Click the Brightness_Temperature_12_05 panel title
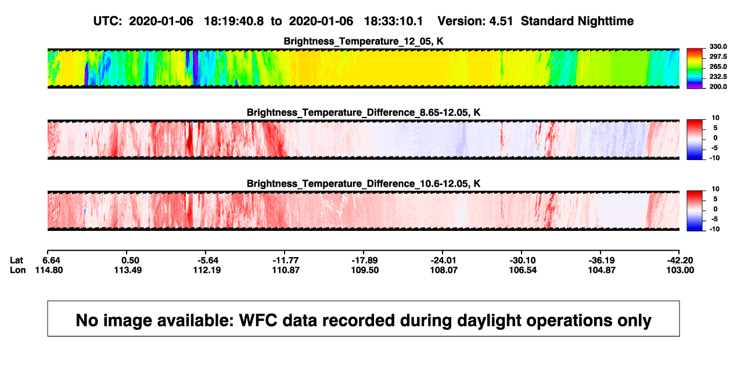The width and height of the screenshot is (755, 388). click(364, 41)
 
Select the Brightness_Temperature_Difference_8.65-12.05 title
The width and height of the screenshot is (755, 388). click(364, 112)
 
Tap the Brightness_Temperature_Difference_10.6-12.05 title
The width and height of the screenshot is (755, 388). click(364, 184)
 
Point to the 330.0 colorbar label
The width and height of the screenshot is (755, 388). click(718, 47)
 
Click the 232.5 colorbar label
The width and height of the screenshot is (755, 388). click(718, 77)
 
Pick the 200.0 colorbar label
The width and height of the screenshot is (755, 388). click(718, 87)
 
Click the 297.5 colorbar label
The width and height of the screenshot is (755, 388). click(718, 57)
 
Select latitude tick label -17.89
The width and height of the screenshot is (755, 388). click(364, 261)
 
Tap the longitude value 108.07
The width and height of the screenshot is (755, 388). click(444, 270)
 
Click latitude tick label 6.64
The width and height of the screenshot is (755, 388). click(51, 261)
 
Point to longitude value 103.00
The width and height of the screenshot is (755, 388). click(680, 270)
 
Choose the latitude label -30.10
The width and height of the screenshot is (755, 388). click(523, 261)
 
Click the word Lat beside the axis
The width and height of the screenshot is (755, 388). click(16, 261)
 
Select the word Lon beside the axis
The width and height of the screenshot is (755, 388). click(17, 270)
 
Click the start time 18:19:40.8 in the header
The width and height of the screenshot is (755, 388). click(234, 22)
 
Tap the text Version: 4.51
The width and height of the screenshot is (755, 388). click(475, 22)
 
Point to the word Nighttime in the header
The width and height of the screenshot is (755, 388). click(605, 22)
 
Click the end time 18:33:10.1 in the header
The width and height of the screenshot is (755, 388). click(393, 22)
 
